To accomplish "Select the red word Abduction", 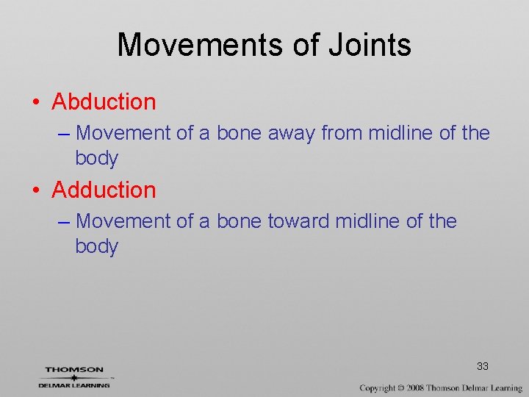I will [104, 101].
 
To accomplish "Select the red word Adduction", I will [104, 190].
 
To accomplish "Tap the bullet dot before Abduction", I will [37, 102].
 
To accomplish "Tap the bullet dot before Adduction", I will [37, 190].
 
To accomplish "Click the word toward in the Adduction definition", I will [298, 221].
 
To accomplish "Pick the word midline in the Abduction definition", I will [401, 133].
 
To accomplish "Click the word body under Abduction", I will [96, 159].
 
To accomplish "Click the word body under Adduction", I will [96, 247].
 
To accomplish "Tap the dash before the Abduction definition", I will [62, 134].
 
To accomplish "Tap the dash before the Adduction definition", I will [62, 222].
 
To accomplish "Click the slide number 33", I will [483, 366].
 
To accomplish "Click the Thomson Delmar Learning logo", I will [75, 376].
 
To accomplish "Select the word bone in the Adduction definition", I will [240, 221].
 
